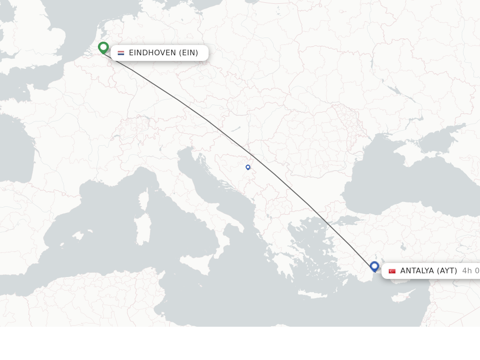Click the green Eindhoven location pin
pyautogui.click(x=103, y=47)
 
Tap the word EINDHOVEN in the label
pyautogui.click(x=152, y=53)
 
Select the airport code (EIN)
pyautogui.click(x=188, y=53)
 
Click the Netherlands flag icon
pyautogui.click(x=121, y=53)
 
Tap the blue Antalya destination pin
pyautogui.click(x=374, y=266)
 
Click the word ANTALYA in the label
pyautogui.click(x=417, y=271)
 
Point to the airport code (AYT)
pyautogui.click(x=447, y=271)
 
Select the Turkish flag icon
pyautogui.click(x=392, y=271)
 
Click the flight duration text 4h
pyautogui.click(x=467, y=271)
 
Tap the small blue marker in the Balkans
pyautogui.click(x=248, y=167)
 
